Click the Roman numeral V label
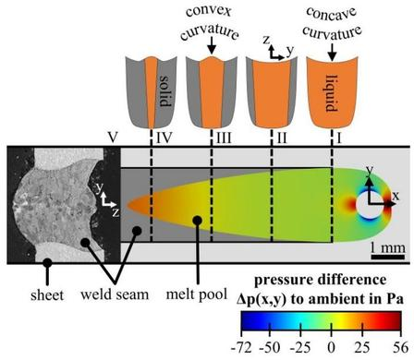click(113, 138)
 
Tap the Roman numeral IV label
click(164, 138)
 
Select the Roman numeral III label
click(224, 138)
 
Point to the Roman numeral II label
click(282, 138)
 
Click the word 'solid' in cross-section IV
click(165, 91)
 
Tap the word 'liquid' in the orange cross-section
click(332, 93)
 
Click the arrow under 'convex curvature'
click(212, 47)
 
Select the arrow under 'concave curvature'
click(332, 52)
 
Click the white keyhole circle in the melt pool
click(370, 204)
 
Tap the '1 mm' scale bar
click(388, 257)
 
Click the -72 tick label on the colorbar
click(241, 347)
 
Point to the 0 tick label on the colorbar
click(331, 347)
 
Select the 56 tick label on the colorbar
click(400, 347)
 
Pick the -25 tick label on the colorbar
click(300, 347)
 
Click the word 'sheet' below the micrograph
click(47, 295)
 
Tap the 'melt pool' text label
click(197, 294)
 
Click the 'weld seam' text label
click(115, 294)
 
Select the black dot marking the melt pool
click(197, 221)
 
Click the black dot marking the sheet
click(47, 262)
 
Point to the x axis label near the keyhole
click(396, 196)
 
